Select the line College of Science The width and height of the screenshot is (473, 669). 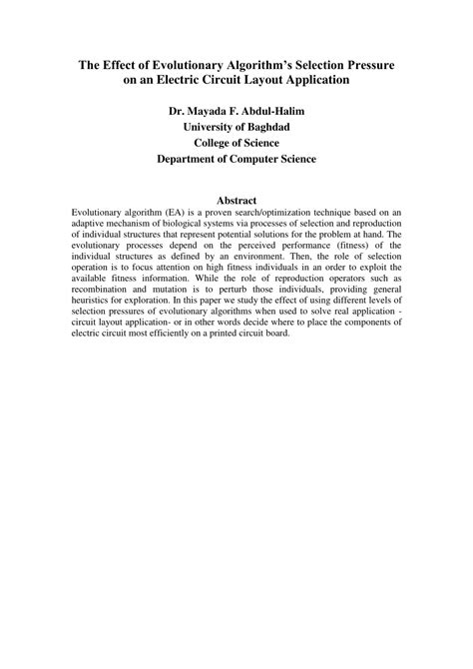pos(236,142)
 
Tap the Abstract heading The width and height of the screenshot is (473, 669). pos(236,200)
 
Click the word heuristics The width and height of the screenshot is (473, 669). pos(95,305)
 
